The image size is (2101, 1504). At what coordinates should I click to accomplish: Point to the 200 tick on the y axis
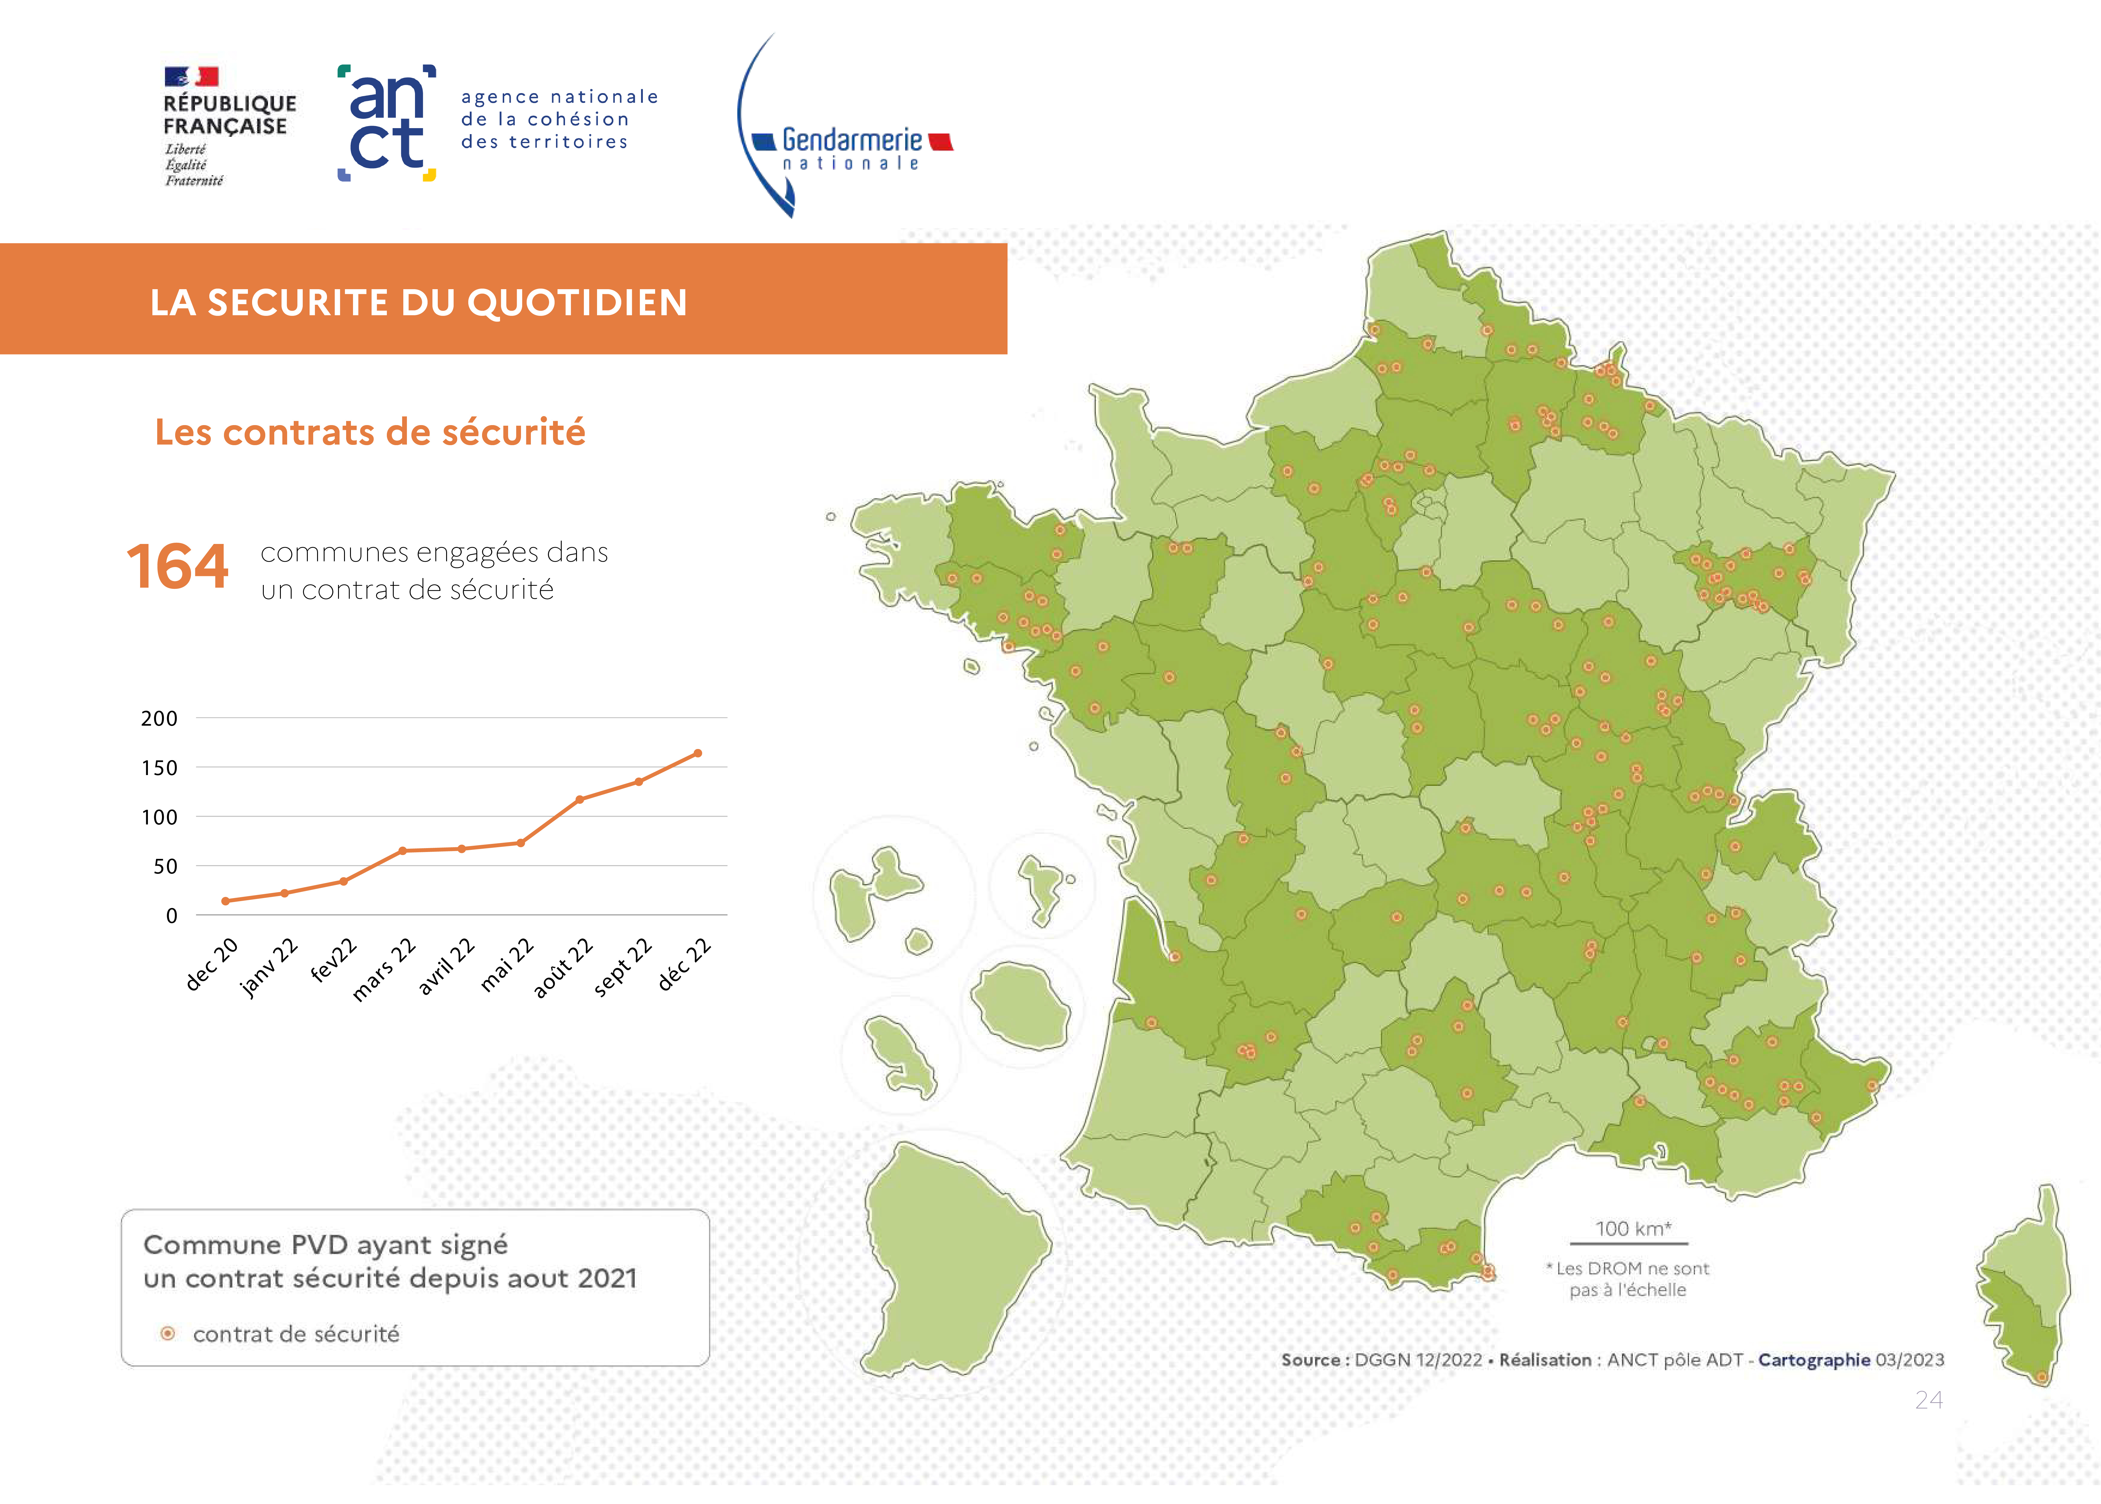point(159,719)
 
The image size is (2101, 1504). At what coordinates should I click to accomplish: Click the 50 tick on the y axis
point(165,867)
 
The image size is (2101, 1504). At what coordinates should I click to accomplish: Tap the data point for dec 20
point(225,901)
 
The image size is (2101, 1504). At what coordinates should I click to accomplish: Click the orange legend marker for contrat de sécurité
point(168,1334)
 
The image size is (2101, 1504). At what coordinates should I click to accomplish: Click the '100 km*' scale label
point(1632,1229)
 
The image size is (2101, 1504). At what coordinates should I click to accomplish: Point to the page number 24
point(1929,1400)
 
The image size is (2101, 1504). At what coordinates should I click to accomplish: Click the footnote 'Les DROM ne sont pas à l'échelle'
point(1628,1279)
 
